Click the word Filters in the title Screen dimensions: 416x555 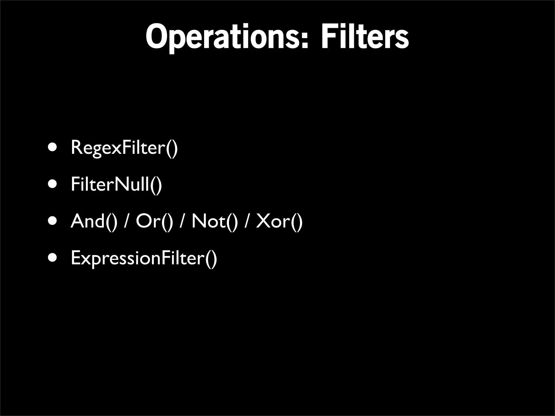365,37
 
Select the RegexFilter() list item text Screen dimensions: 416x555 124,148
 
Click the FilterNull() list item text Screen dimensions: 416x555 116,184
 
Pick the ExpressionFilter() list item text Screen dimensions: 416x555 144,258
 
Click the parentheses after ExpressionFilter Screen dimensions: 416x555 211,259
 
